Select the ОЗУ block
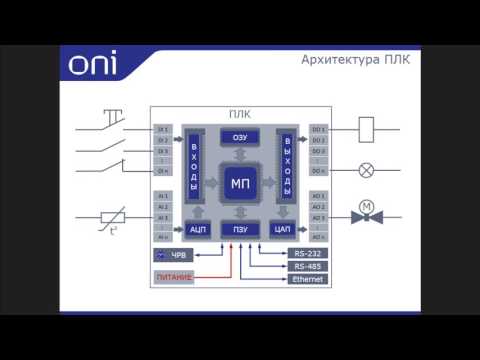coord(240,138)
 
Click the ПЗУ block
coord(240,229)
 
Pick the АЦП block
coord(196,229)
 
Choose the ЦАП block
coord(282,229)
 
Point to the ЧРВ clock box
coord(173,255)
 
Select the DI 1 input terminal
coord(163,129)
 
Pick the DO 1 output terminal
coord(317,129)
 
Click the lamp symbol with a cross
coord(365,170)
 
